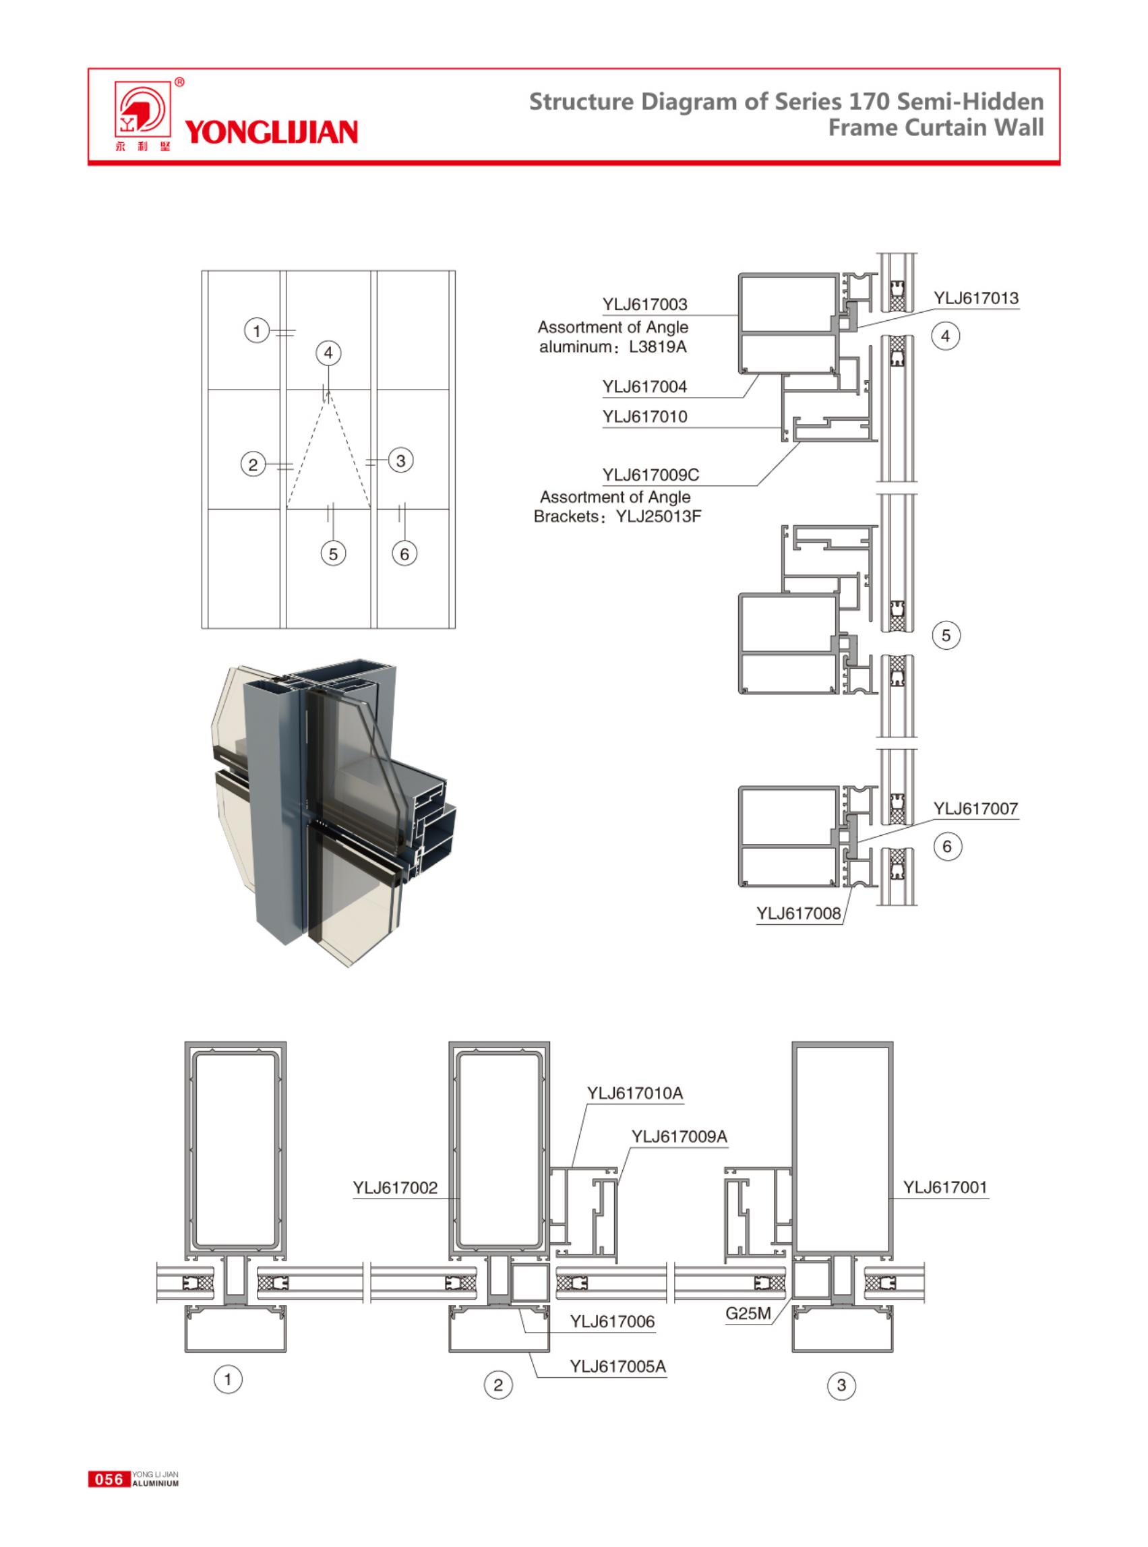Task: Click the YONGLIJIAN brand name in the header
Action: tap(271, 132)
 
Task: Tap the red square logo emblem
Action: tap(142, 110)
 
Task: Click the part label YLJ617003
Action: tap(644, 305)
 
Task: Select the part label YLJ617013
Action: tap(975, 298)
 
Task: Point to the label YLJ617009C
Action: tap(651, 475)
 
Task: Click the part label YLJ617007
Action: tap(975, 808)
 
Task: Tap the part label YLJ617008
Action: tap(798, 913)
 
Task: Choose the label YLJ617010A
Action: tap(634, 1093)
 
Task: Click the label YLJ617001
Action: tap(945, 1187)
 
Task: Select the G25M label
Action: tap(748, 1314)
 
